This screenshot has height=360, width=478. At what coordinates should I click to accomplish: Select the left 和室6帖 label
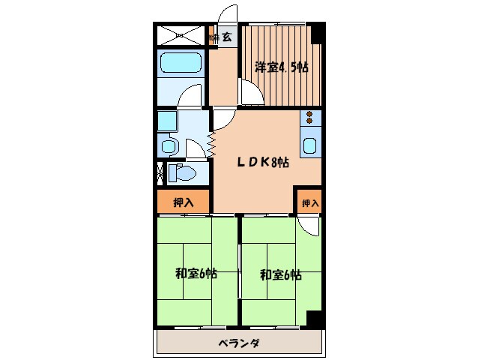click(x=196, y=274)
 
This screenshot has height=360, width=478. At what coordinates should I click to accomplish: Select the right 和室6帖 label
click(x=280, y=274)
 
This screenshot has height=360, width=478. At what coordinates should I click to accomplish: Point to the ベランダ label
click(x=239, y=343)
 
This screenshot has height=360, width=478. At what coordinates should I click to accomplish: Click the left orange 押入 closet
click(x=183, y=202)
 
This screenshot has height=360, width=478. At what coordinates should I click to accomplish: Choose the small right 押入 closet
click(x=309, y=202)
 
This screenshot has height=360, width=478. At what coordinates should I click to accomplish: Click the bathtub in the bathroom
click(x=181, y=66)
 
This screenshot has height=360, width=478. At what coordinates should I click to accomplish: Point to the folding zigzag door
click(x=212, y=139)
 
